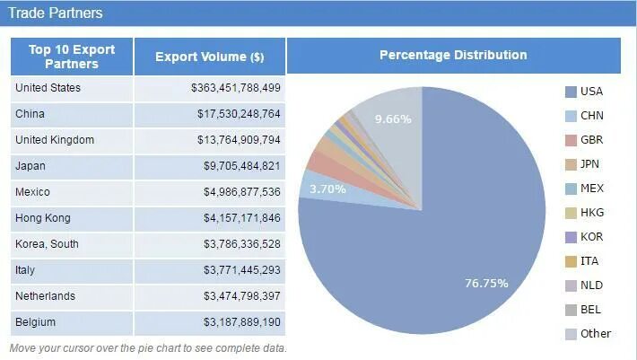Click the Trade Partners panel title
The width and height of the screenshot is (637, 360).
[56, 13]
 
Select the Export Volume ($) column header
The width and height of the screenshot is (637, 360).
[210, 57]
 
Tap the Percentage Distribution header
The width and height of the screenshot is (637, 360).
[453, 55]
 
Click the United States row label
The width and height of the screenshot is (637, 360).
[48, 88]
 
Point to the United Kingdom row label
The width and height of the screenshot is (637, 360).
[55, 140]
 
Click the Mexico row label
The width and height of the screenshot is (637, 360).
[32, 192]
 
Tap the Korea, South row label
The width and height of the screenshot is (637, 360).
[48, 244]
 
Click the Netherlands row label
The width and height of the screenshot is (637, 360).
[45, 296]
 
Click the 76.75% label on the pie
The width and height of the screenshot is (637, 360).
[486, 283]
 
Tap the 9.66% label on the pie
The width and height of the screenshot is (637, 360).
[393, 119]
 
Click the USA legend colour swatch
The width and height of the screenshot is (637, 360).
[570, 92]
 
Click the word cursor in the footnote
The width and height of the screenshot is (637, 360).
[82, 348]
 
